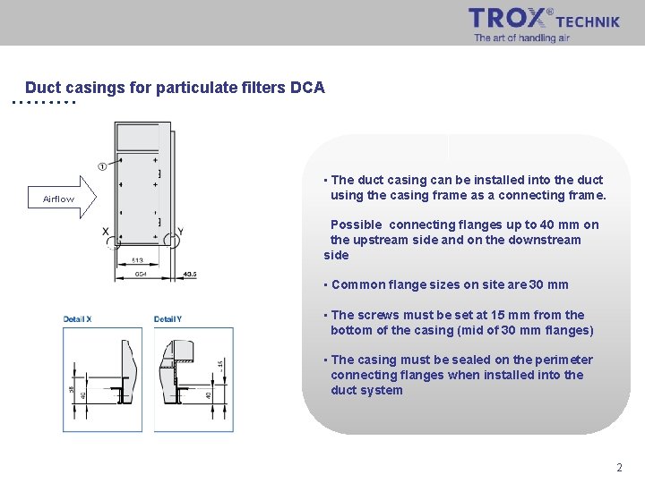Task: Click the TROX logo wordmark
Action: click(508, 18)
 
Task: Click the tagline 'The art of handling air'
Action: click(521, 38)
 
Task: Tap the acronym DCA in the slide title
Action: click(307, 88)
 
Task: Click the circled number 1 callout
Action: click(102, 166)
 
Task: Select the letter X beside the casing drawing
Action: click(106, 232)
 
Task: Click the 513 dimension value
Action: click(138, 260)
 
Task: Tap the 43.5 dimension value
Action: click(190, 274)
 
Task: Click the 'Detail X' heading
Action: click(78, 319)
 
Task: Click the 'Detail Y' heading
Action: click(168, 319)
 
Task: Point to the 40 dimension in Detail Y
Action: click(209, 394)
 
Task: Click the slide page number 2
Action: click(619, 468)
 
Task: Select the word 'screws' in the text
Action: click(380, 315)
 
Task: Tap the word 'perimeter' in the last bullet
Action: click(564, 360)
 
